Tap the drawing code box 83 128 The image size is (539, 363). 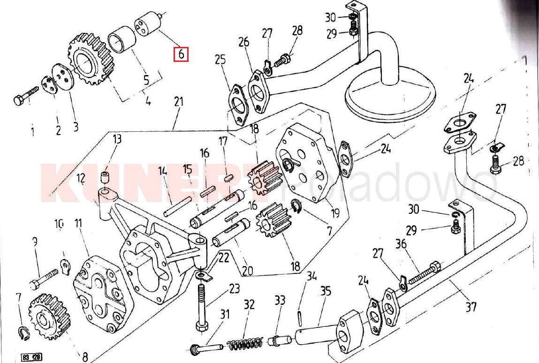pos(31,358)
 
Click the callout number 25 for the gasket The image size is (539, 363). pos(220,60)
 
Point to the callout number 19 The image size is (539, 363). pos(335,214)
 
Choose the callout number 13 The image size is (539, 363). pos(117,139)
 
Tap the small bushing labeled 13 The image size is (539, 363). pos(106,178)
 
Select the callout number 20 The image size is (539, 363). pos(248,271)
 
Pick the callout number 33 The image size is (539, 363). pos(280,301)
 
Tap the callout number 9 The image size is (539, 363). pos(35,242)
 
